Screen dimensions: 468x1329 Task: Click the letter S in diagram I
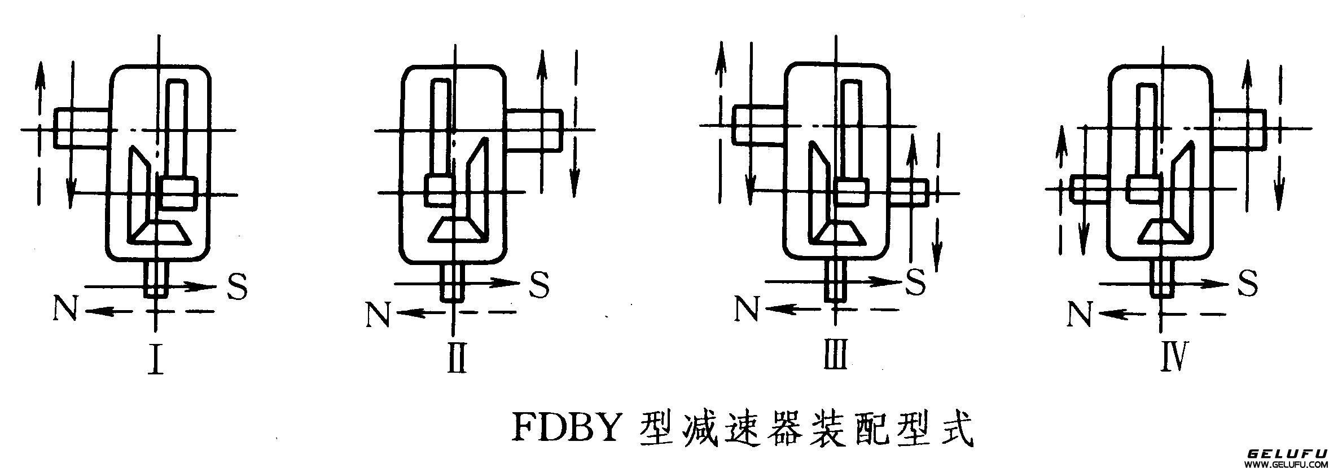(236, 286)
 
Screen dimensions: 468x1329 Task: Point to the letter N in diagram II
(378, 315)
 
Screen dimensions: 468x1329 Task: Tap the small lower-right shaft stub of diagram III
(909, 193)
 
